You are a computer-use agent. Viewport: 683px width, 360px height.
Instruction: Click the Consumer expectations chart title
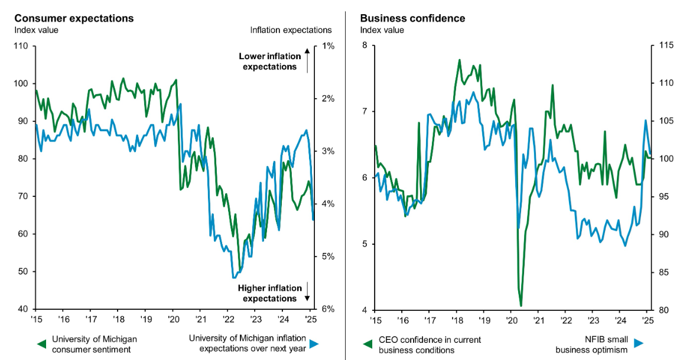pyautogui.click(x=74, y=18)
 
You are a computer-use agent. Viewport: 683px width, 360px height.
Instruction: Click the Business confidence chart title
pyautogui.click(x=412, y=18)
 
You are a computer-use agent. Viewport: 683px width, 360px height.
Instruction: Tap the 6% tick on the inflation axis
pyautogui.click(x=328, y=309)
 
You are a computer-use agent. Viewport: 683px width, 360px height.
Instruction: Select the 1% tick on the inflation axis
pyautogui.click(x=328, y=46)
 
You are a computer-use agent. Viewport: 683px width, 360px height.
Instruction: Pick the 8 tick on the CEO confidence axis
pyautogui.click(x=365, y=46)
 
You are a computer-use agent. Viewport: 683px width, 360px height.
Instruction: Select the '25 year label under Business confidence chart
pyautogui.click(x=647, y=320)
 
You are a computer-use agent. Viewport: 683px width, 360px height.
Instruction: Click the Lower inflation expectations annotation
pyautogui.click(x=269, y=61)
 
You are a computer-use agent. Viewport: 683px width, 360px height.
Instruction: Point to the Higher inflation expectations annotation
pyautogui.click(x=269, y=293)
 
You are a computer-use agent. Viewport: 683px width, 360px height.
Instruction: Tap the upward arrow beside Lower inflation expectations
pyautogui.click(x=308, y=60)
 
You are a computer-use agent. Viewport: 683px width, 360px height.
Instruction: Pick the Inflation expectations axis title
pyautogui.click(x=291, y=30)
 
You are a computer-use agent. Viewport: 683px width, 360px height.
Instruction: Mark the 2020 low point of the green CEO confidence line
pyautogui.click(x=521, y=306)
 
